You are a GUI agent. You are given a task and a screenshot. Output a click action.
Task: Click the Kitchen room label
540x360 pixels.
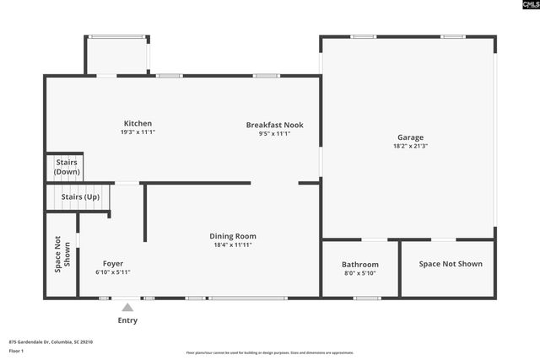click(x=138, y=124)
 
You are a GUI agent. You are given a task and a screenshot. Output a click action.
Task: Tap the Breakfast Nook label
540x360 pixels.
click(x=274, y=125)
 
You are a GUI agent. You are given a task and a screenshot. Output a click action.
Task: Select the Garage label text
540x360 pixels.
click(x=411, y=137)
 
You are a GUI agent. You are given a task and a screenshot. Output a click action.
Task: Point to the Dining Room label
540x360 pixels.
click(x=233, y=236)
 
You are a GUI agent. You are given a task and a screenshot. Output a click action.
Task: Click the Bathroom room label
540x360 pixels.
click(x=360, y=265)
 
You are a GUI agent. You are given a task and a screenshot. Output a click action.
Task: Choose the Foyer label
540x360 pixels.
click(x=113, y=264)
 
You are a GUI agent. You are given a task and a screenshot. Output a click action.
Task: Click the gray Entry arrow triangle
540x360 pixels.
click(x=127, y=308)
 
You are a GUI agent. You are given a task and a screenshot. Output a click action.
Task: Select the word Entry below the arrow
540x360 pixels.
click(x=127, y=320)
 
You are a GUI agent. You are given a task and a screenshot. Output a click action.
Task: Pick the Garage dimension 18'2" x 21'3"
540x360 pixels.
click(x=411, y=146)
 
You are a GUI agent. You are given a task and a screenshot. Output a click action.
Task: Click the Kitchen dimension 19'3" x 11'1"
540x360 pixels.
click(x=138, y=132)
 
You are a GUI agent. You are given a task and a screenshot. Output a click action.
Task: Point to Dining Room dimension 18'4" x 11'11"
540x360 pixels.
click(x=233, y=244)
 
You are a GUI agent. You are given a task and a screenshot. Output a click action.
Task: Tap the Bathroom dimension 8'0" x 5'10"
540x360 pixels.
click(x=360, y=273)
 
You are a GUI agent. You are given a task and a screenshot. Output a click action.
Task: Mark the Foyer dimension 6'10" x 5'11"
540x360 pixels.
click(x=113, y=272)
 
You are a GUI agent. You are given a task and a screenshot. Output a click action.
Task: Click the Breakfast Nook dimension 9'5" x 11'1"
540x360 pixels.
click(x=274, y=133)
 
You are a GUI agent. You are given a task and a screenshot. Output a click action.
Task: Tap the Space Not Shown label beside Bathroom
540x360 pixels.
click(x=451, y=264)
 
